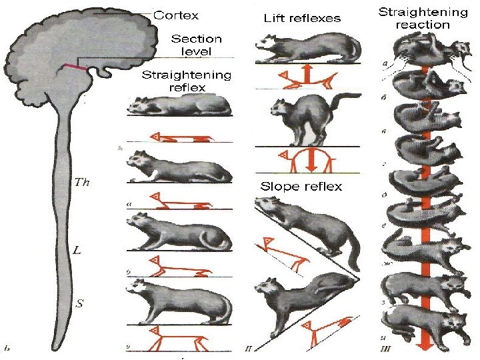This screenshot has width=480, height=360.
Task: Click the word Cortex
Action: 176,14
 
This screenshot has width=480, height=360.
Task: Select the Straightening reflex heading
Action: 186,81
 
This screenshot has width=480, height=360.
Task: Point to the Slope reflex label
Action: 301,186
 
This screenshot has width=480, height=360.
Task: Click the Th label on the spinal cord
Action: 82,181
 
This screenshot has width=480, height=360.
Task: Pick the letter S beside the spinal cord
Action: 79,304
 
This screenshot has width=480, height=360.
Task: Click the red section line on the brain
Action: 74,67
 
